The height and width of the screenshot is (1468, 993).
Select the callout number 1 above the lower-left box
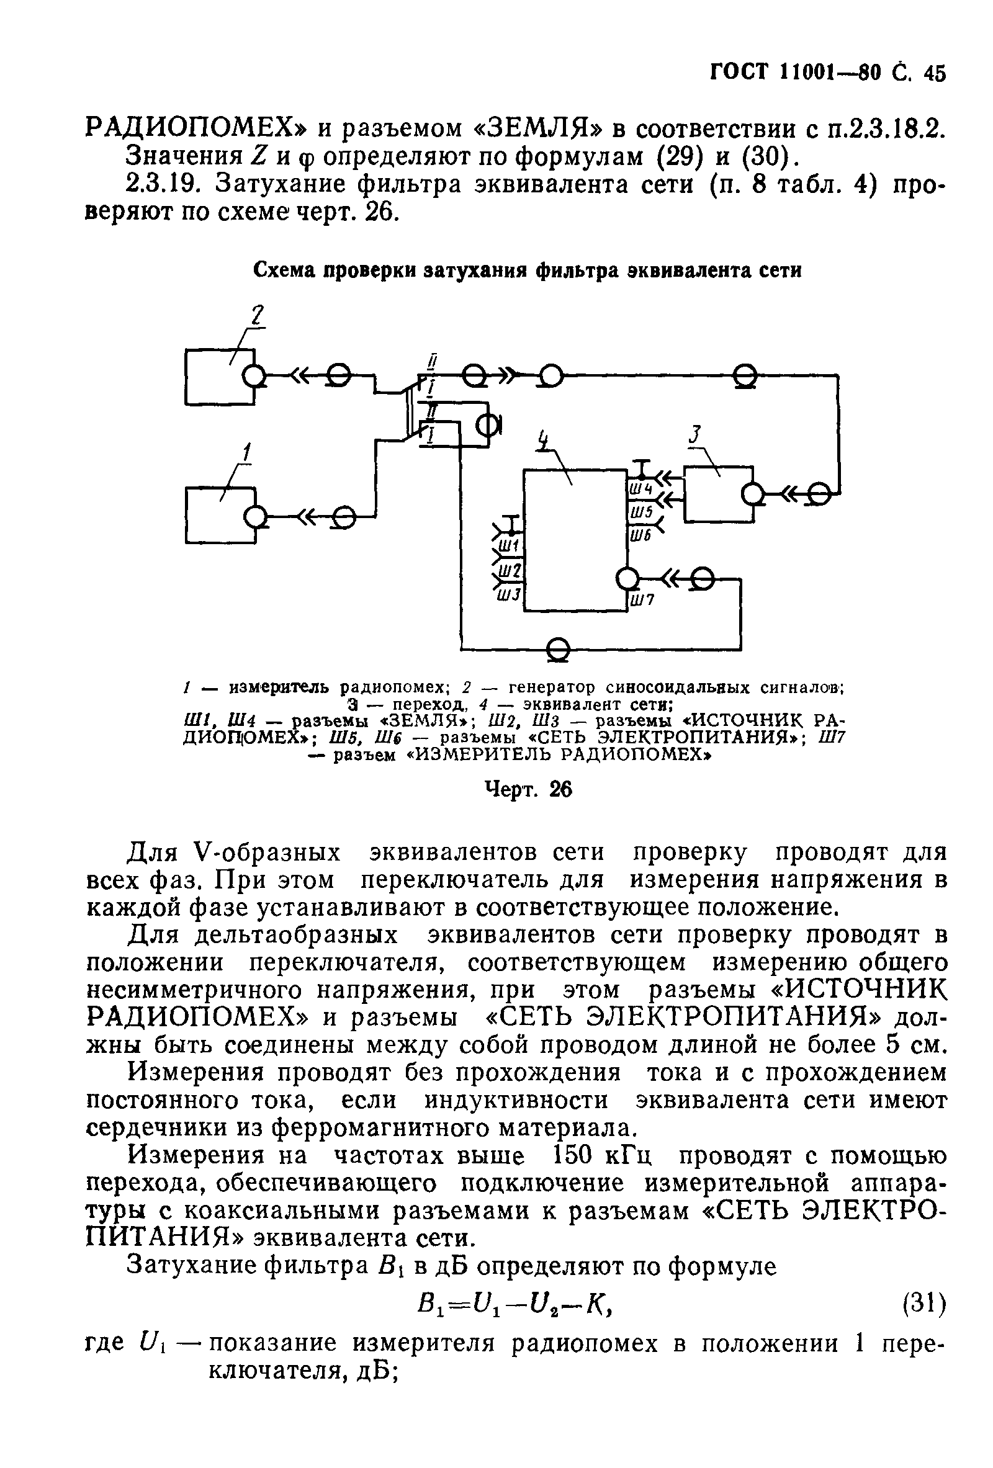(x=247, y=452)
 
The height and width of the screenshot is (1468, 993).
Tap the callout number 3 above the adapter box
(x=696, y=435)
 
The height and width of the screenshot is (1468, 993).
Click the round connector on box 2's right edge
(x=254, y=377)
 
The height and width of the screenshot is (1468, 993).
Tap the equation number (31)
(x=924, y=1302)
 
